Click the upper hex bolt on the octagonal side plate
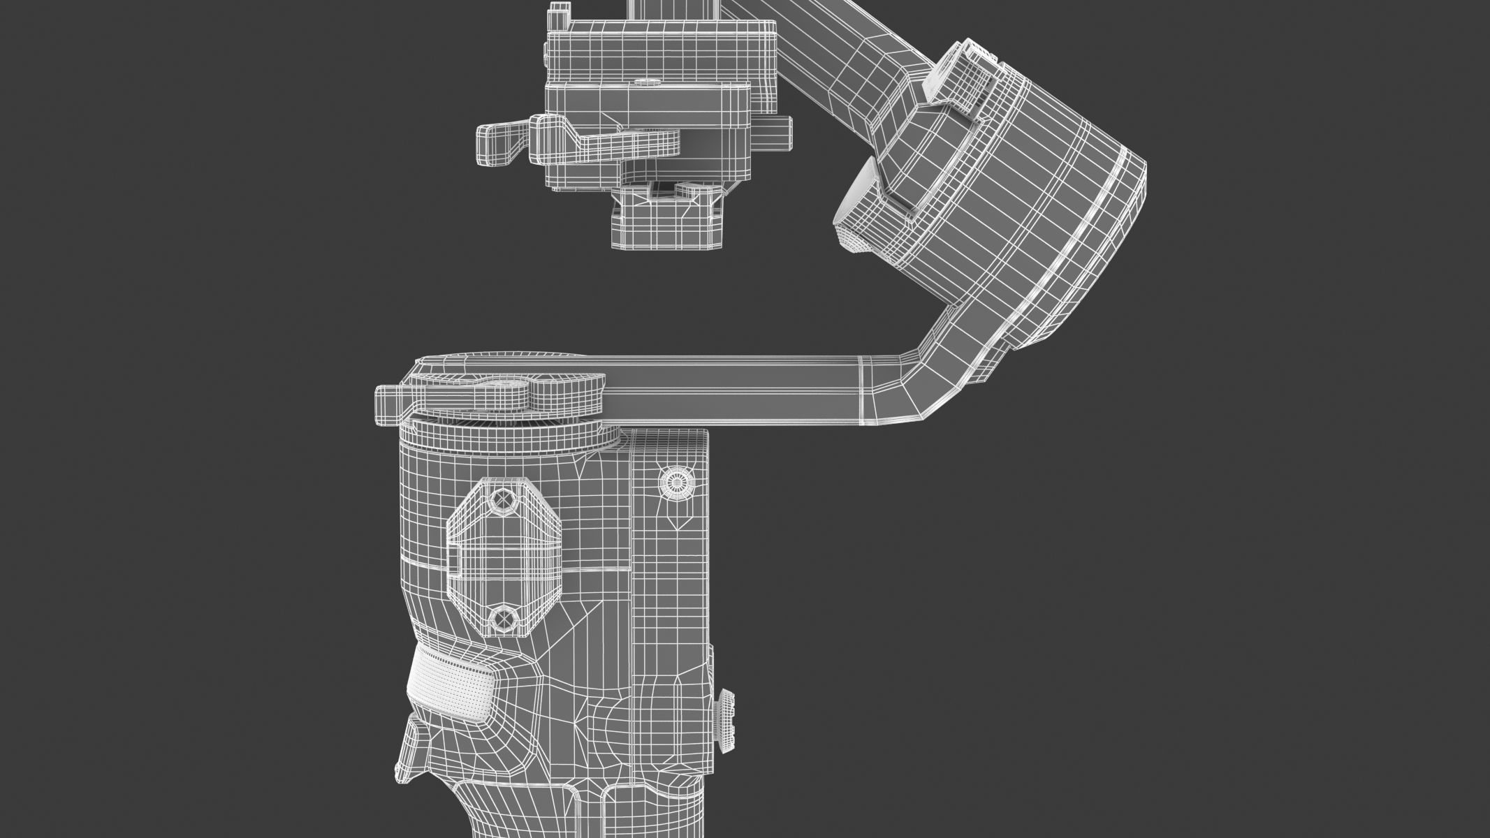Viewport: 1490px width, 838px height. (x=502, y=500)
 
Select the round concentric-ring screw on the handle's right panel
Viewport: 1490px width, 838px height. (x=676, y=481)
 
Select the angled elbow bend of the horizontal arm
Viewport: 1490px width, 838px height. (x=908, y=391)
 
